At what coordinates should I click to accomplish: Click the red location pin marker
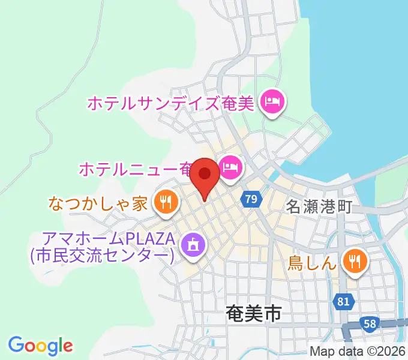pos(205,176)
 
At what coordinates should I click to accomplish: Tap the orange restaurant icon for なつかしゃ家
pos(165,203)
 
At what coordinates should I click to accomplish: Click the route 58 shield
pos(370,324)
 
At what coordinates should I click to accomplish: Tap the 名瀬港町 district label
pos(319,208)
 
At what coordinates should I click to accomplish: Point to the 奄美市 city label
pos(254,313)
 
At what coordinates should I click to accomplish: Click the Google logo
pos(40,345)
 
